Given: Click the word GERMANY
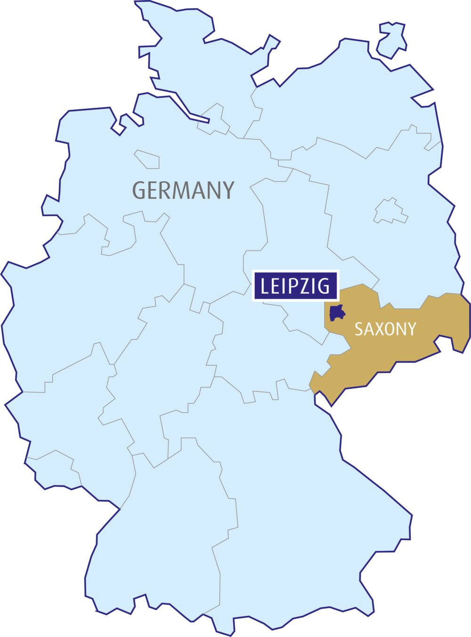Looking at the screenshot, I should tap(183, 190).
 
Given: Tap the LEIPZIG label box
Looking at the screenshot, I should tap(295, 286).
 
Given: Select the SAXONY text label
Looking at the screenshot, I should tap(385, 329).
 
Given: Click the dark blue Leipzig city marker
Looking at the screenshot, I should tap(337, 313).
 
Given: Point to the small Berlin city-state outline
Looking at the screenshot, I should tap(390, 211).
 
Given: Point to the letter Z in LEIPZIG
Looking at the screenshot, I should tap(308, 286).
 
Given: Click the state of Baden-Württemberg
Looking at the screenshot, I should tap(165, 541).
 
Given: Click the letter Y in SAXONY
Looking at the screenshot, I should tap(412, 329).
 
